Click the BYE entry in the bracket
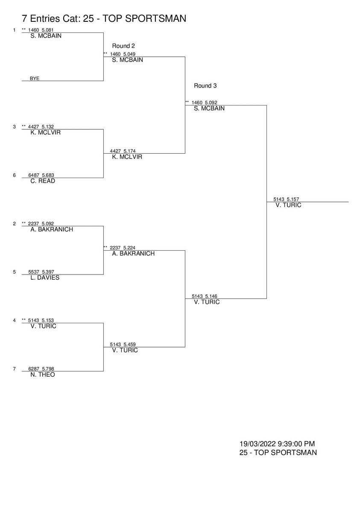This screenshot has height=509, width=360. [x=34, y=79]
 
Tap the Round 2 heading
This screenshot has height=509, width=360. [x=124, y=46]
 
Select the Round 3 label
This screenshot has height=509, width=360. [x=205, y=86]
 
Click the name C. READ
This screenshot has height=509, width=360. [x=43, y=181]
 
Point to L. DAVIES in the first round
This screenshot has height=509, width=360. [x=45, y=278]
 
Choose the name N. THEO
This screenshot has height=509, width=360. [x=43, y=374]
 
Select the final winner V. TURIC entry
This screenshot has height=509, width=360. [x=288, y=205]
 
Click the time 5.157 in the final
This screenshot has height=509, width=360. [x=293, y=199]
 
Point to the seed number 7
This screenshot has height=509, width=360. [x=14, y=369]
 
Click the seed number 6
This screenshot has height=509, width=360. [x=14, y=175]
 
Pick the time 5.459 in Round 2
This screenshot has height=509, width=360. [x=130, y=344]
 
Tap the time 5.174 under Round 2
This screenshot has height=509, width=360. [x=130, y=151]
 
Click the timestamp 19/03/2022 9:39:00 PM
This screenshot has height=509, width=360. [x=277, y=444]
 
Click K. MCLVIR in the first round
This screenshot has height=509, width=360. [x=46, y=132]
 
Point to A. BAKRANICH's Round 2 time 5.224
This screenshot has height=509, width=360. [x=130, y=248]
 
